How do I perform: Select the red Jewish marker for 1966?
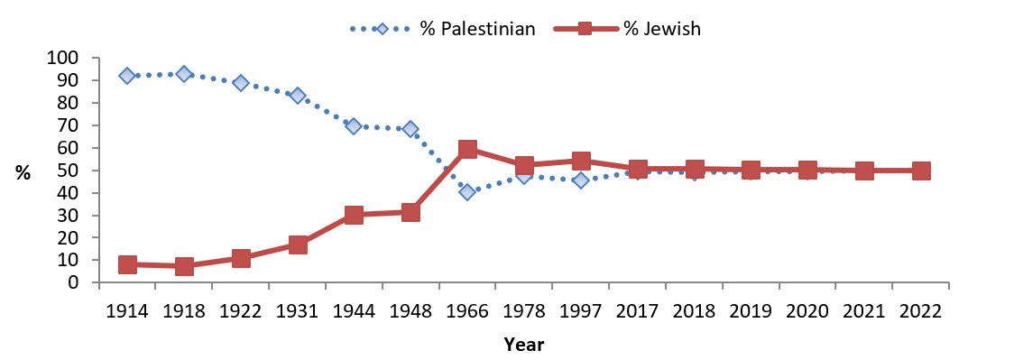467,149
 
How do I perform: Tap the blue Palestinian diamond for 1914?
127,76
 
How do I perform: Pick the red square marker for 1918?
184,266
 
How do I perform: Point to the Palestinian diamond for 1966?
467,191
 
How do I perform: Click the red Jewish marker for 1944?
354,215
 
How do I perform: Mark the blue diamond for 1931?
298,96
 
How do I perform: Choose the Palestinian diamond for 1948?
410,129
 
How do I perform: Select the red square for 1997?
581,161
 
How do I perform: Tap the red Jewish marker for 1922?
241,258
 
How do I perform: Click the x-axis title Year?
524,344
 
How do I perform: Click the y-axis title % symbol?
23,173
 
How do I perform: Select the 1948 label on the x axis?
410,310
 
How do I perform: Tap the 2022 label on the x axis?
920,310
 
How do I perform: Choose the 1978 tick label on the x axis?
524,310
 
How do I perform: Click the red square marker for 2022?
920,171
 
